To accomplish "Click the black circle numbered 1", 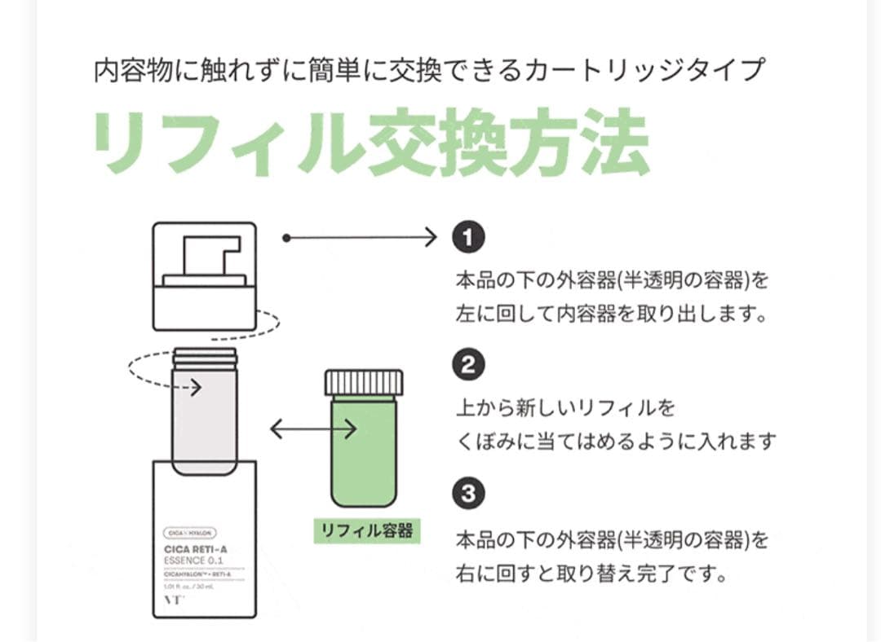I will click(468, 238).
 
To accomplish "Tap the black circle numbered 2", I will click(468, 365).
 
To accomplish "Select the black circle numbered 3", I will click(468, 493).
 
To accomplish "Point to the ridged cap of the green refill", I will click(364, 382).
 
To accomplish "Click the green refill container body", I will click(364, 452).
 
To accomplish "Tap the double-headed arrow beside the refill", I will click(312, 429).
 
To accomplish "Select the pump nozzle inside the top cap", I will click(210, 256).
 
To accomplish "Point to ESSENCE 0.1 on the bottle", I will click(193, 561).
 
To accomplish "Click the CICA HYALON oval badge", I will click(188, 533).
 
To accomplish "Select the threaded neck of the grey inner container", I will click(205, 357).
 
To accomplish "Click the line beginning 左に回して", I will click(612, 314).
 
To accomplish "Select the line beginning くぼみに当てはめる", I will click(616, 441).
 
